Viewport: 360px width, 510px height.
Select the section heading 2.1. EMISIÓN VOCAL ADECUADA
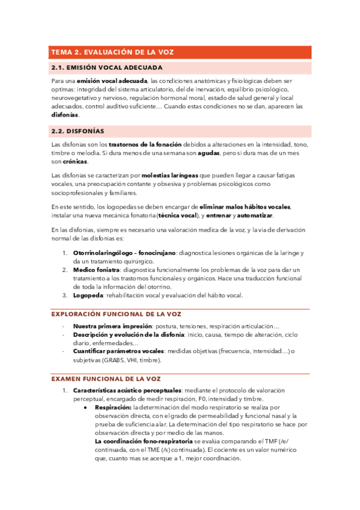(106, 68)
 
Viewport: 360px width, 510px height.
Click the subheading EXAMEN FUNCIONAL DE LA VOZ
(105, 378)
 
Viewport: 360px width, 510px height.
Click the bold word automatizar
(255, 215)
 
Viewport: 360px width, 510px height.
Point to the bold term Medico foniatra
(96, 270)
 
